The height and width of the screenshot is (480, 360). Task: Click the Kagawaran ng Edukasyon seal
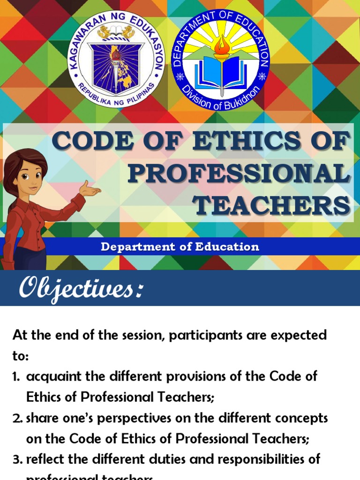(116, 59)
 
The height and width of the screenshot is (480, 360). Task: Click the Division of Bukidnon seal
(222, 59)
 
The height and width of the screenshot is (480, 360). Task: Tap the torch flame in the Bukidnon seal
(222, 45)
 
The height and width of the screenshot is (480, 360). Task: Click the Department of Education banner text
(180, 247)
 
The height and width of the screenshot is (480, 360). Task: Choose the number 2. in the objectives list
(17, 418)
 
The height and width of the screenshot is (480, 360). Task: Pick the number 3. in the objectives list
(17, 459)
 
